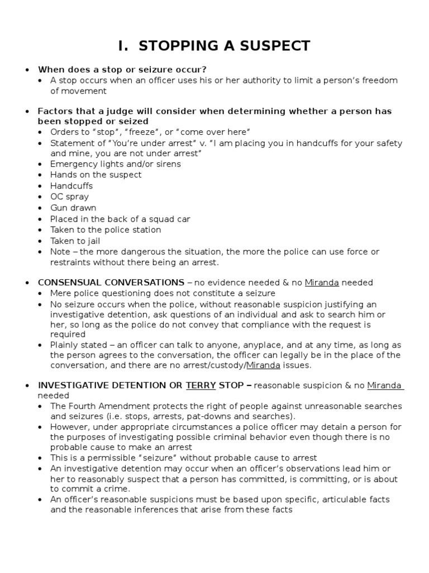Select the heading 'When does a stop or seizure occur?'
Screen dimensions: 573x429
(122, 69)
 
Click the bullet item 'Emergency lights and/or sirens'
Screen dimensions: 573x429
(116, 164)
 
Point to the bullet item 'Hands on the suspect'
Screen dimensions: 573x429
(96, 175)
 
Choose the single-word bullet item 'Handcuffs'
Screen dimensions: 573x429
(71, 186)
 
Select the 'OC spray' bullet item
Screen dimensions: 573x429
(69, 196)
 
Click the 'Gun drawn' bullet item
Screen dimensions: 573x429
(73, 208)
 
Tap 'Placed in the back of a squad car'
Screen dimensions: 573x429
(120, 219)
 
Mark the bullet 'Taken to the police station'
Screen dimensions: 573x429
(106, 229)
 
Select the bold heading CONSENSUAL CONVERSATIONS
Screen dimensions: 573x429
(111, 283)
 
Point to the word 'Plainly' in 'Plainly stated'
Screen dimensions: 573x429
(66, 345)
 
